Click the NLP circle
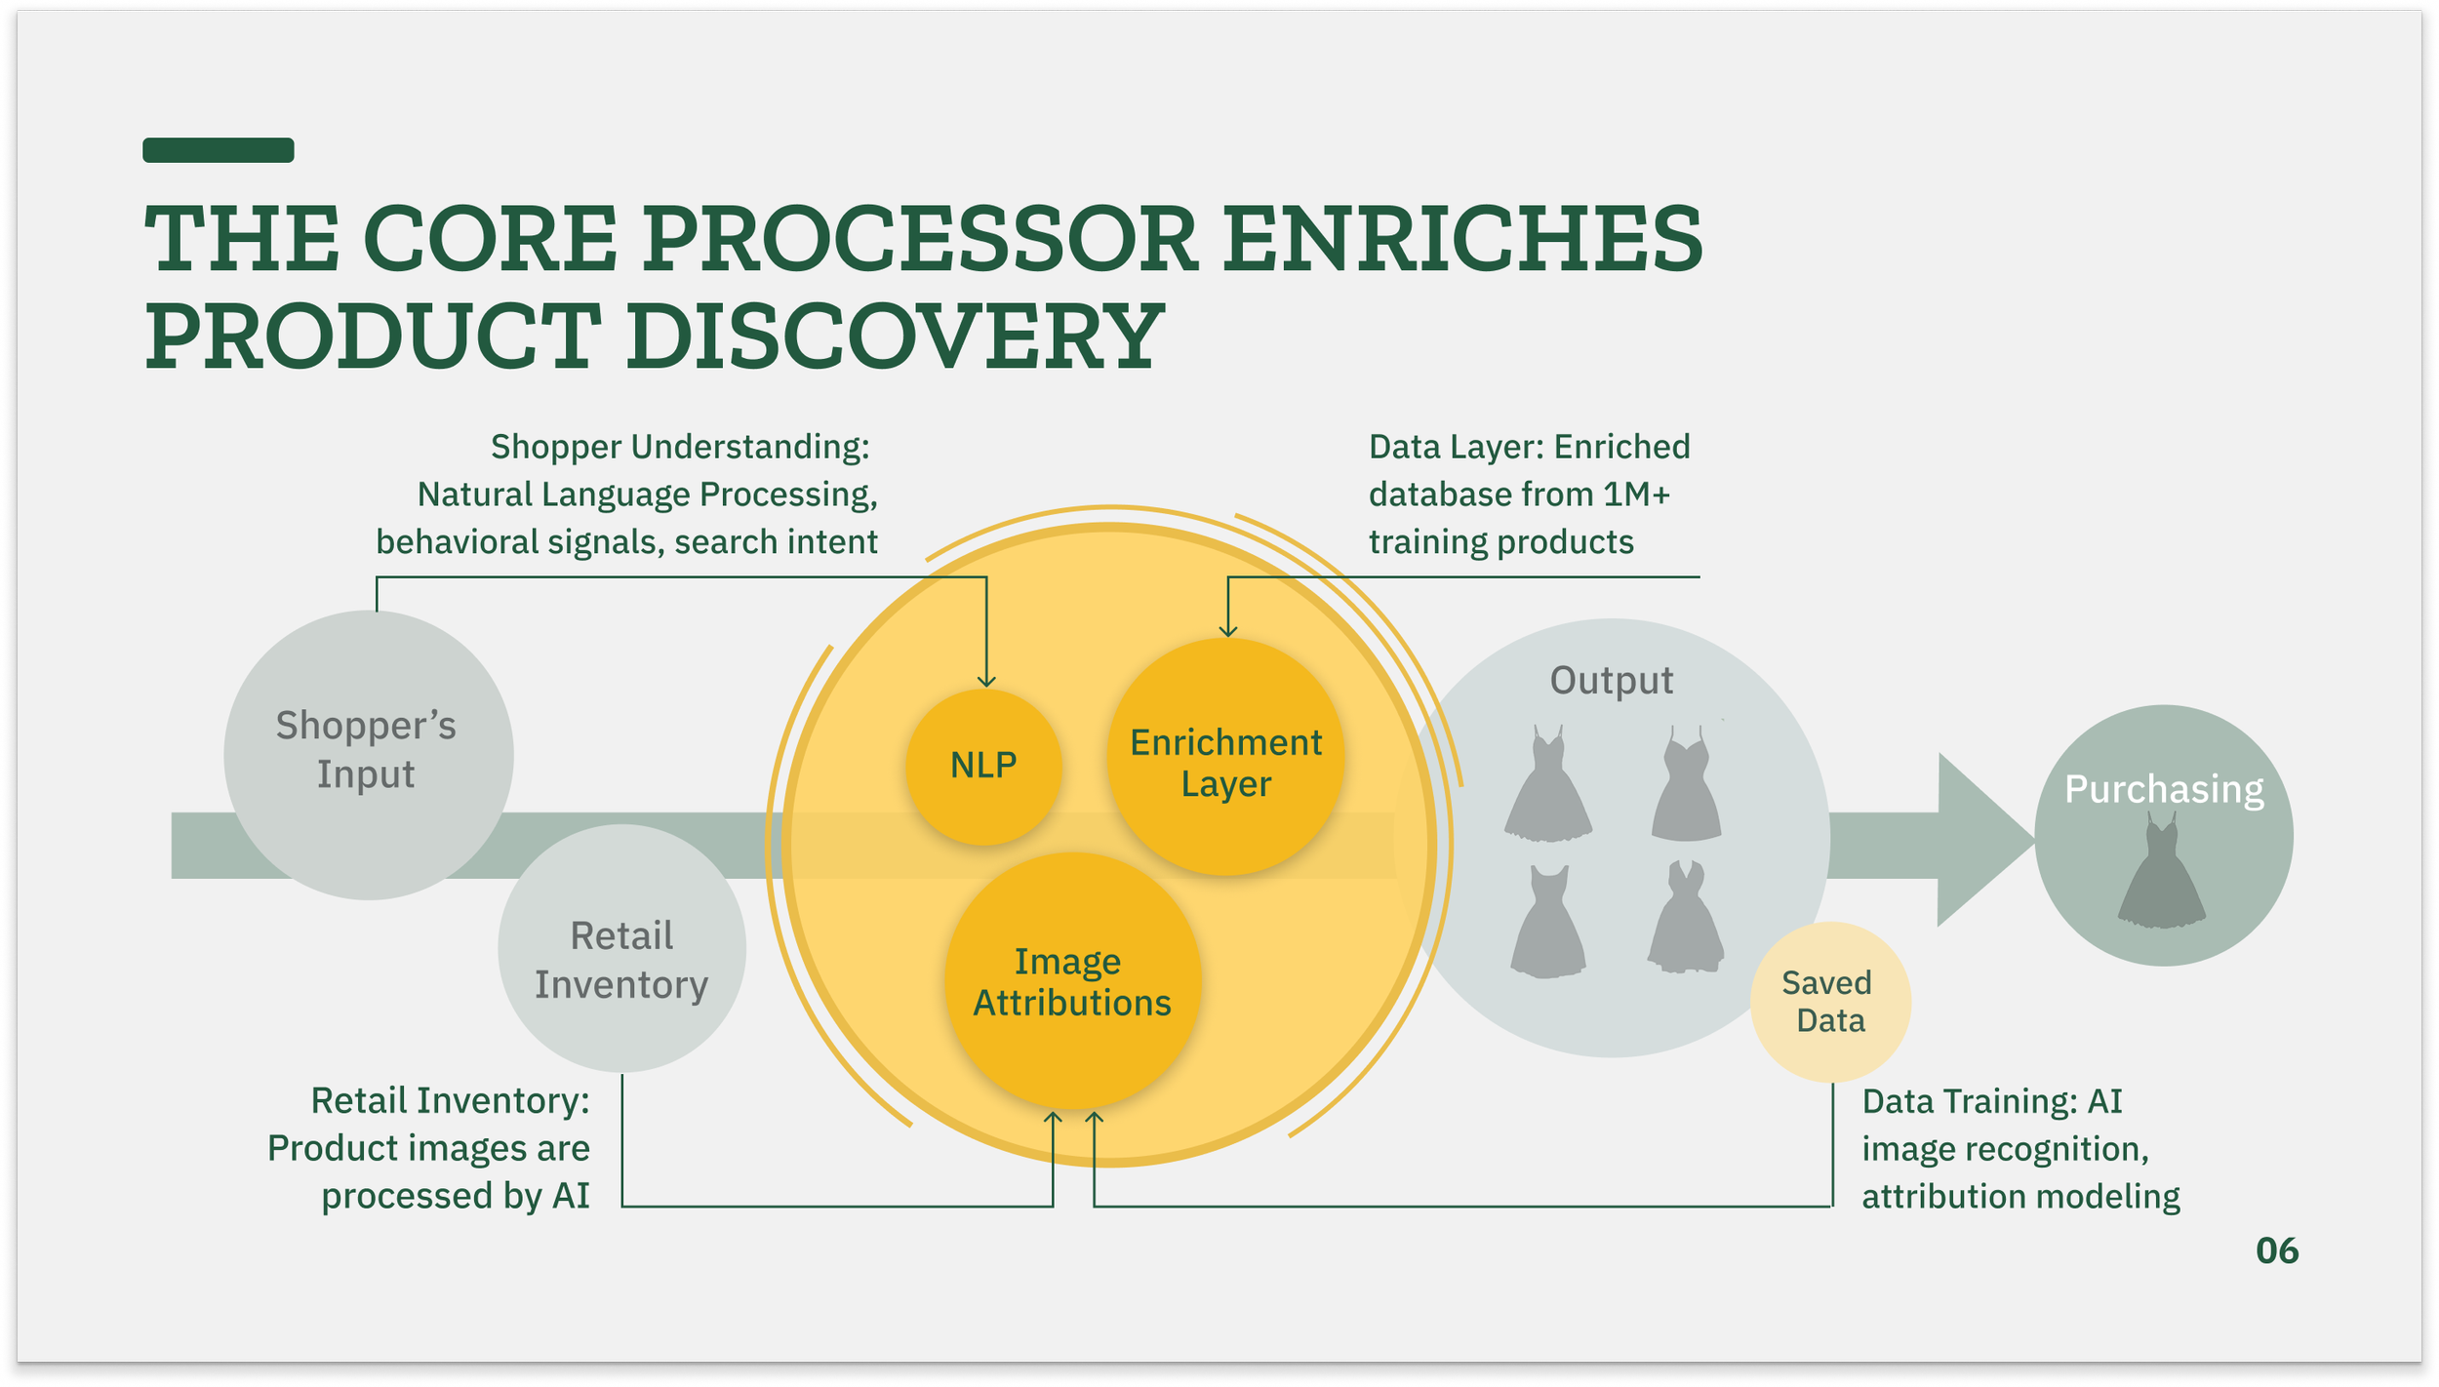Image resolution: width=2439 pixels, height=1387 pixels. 983,766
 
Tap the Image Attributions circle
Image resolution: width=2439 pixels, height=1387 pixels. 1071,981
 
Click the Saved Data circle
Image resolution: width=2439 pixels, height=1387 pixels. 1830,1002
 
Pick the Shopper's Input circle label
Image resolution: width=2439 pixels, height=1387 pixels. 366,749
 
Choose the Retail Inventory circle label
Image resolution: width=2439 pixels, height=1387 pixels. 621,960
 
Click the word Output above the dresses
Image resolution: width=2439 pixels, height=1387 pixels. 1611,681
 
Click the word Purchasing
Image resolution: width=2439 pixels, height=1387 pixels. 2164,789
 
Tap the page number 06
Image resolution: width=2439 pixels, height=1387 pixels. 2276,1250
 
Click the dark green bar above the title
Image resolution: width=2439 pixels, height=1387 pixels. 218,150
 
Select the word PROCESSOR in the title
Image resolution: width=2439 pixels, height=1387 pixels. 919,239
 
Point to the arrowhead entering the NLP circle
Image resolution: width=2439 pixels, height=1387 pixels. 986,680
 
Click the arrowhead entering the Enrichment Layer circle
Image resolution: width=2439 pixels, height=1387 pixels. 1228,630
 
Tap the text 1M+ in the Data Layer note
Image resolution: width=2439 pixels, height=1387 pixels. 1637,495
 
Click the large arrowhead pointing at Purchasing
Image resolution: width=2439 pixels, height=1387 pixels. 1980,840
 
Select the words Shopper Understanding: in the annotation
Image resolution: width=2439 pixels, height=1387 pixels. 679,447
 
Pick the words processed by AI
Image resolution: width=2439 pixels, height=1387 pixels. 456,1196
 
